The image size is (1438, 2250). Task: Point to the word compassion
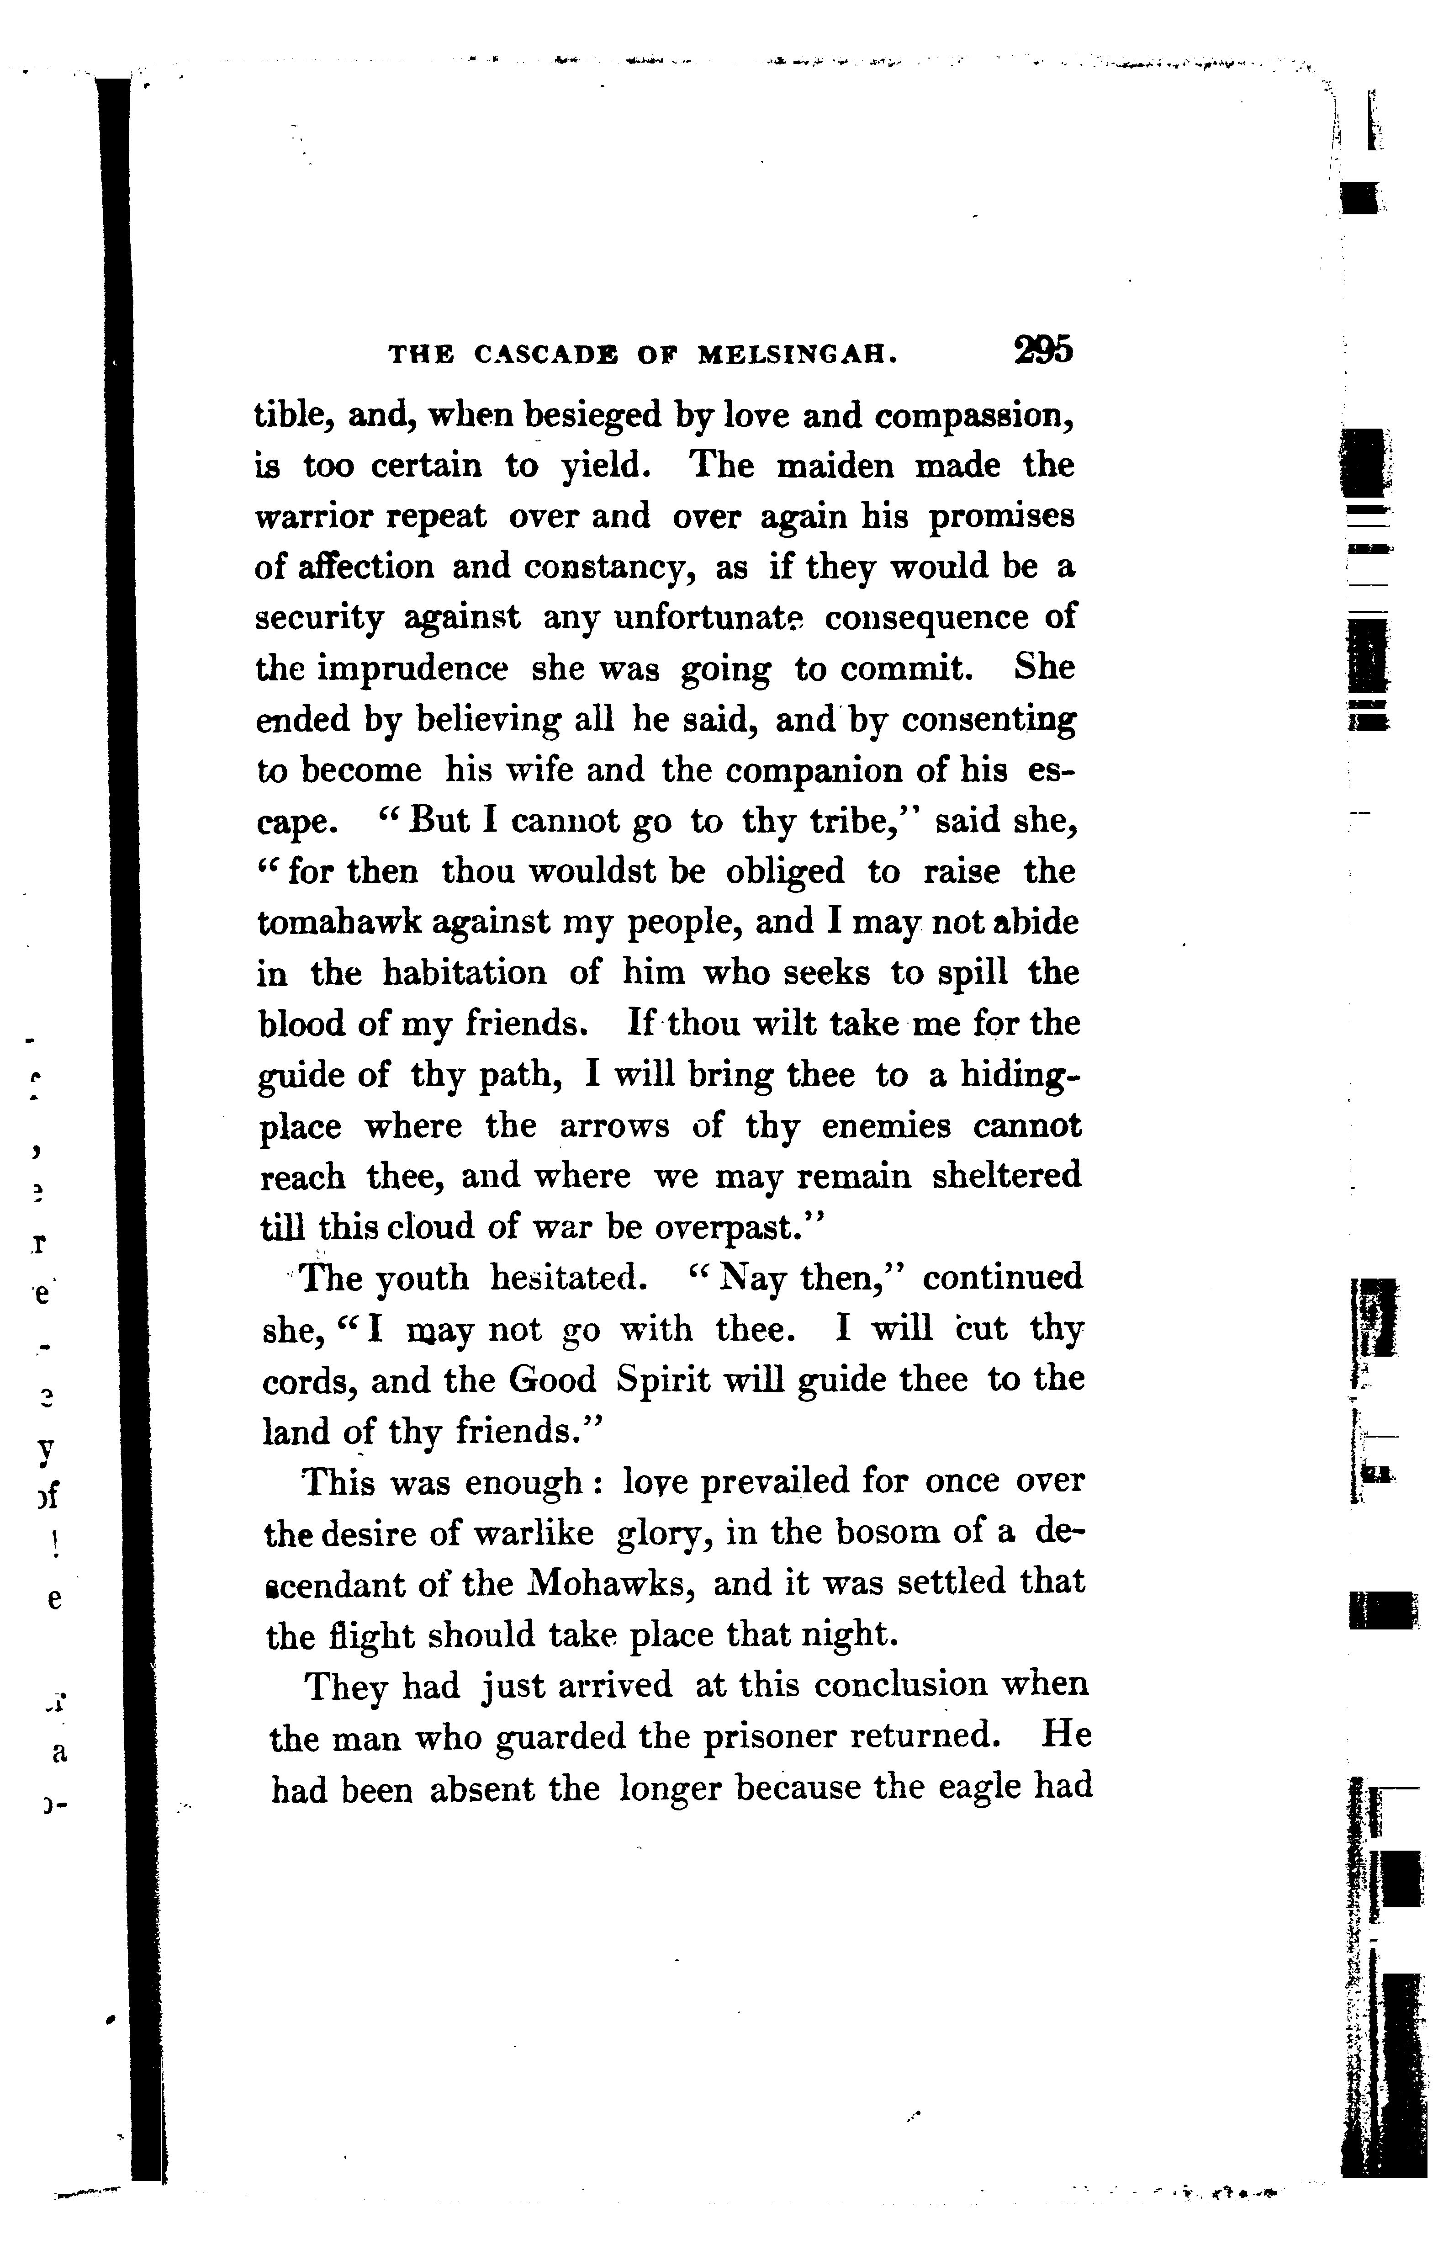973,416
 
